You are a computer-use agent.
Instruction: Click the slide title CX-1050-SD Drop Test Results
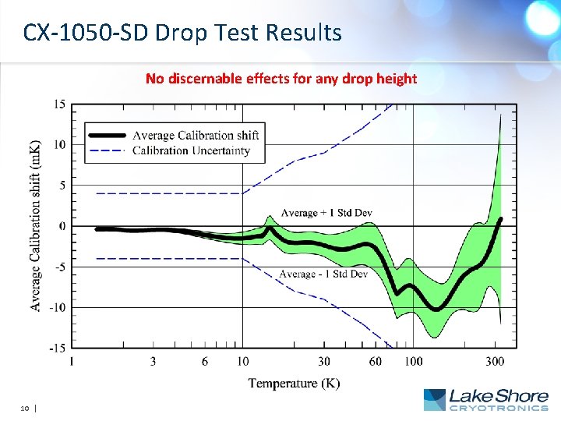point(182,33)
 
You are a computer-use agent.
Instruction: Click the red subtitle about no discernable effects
point(281,78)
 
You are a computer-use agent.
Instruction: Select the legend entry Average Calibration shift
point(196,136)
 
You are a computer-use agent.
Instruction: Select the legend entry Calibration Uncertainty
point(191,150)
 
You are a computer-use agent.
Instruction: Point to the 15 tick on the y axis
point(59,104)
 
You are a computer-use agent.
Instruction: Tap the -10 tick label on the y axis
point(57,307)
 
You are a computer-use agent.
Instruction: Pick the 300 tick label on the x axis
point(495,361)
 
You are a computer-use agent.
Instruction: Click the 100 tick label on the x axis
point(413,361)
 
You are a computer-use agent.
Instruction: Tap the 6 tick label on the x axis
point(204,361)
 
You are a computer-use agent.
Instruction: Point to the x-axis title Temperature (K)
point(294,383)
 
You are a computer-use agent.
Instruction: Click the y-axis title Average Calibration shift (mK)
point(37,226)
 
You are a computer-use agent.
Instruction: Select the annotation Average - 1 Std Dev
point(323,274)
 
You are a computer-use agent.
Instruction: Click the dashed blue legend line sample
point(107,150)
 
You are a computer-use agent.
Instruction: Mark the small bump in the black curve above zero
point(270,229)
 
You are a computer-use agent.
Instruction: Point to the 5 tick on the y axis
point(62,186)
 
